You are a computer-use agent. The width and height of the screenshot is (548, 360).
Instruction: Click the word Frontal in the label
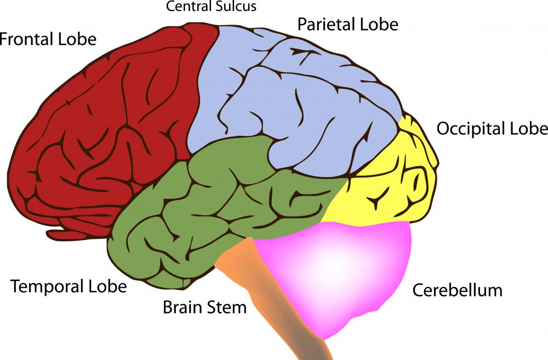pos(26,39)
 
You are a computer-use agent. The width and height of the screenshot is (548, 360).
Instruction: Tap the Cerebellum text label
pos(457,290)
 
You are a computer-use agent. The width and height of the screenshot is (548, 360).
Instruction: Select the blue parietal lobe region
pos(296,110)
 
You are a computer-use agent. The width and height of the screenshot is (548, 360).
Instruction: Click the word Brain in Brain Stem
pos(181,307)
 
